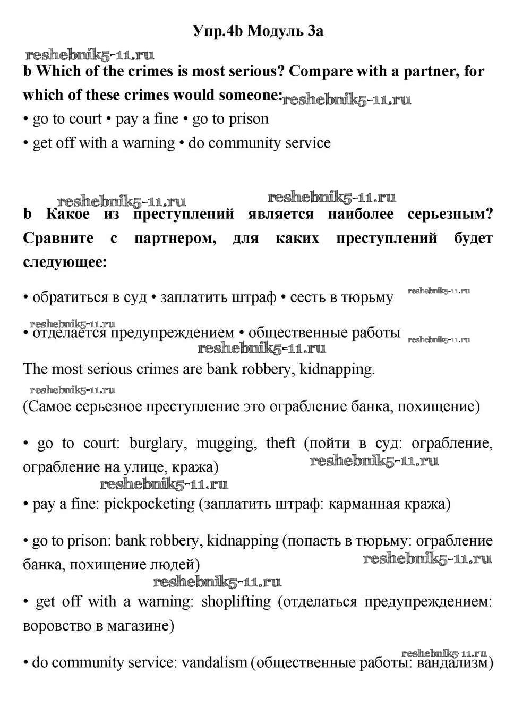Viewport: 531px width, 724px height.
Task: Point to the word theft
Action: pos(280,443)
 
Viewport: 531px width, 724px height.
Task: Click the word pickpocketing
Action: pos(150,504)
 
